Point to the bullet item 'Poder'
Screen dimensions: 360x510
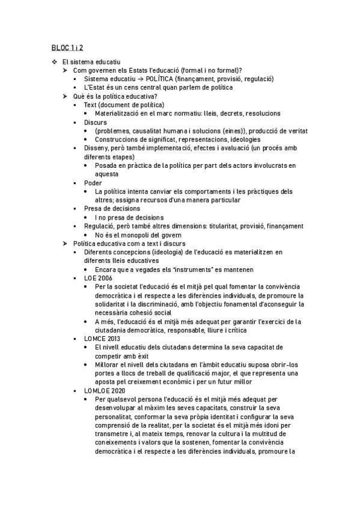click(x=93, y=183)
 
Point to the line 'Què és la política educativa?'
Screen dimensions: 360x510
click(x=115, y=96)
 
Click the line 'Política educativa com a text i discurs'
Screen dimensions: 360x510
click(x=129, y=243)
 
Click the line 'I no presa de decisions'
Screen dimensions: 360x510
click(x=129, y=217)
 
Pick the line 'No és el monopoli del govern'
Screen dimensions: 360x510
click(x=138, y=235)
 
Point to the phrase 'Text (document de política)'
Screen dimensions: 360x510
click(x=124, y=105)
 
